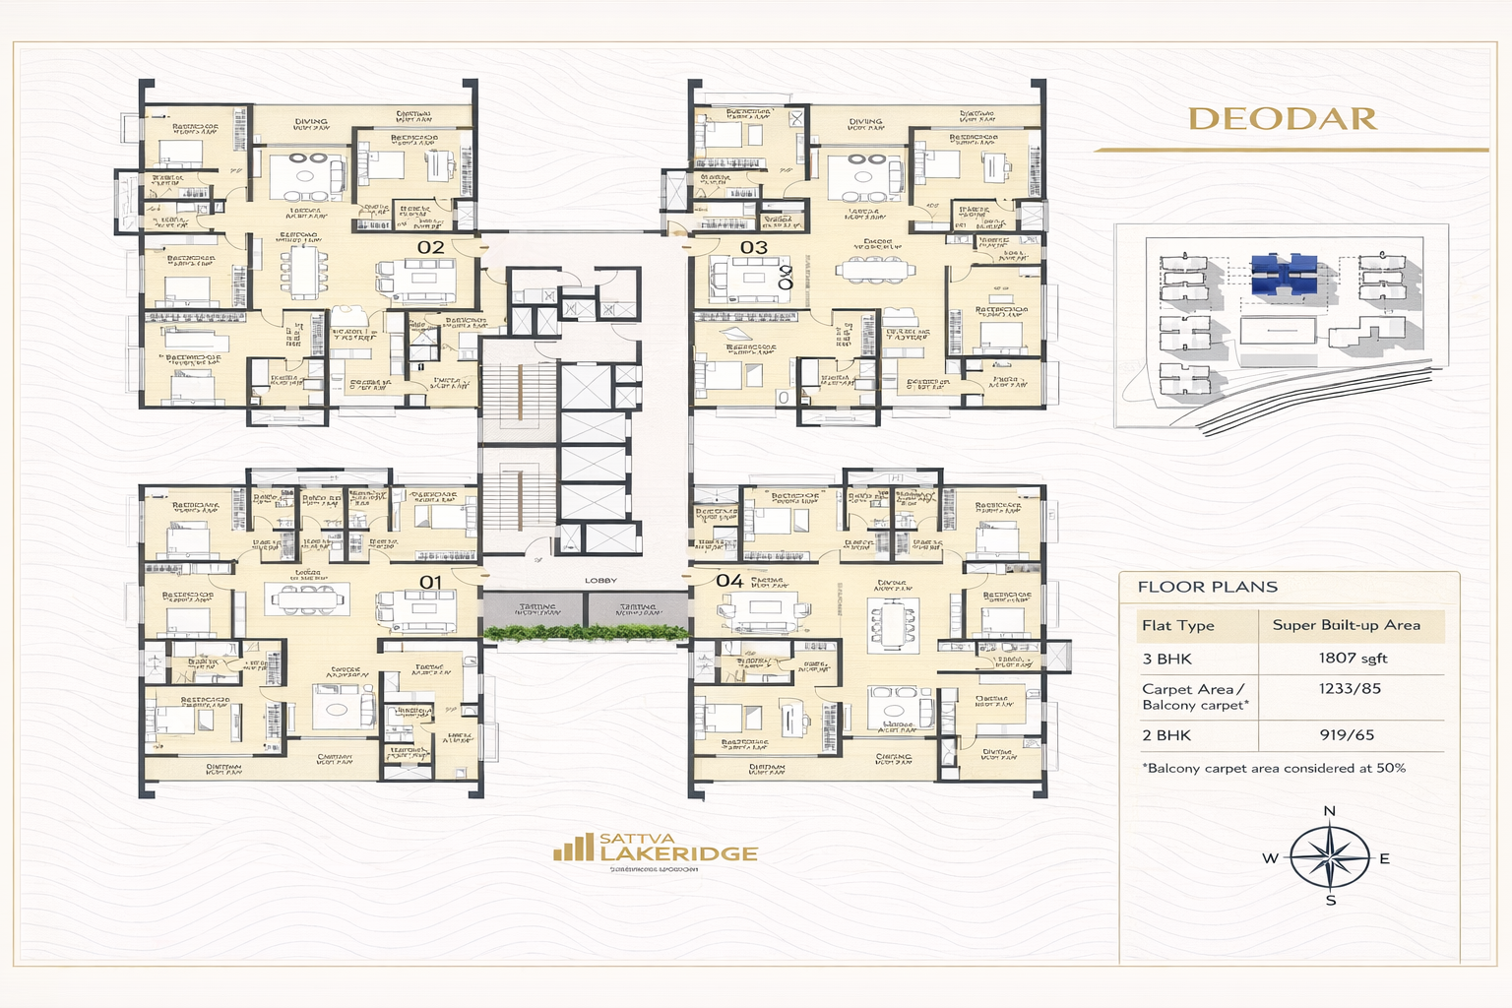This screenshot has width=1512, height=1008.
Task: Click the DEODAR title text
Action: tap(1283, 119)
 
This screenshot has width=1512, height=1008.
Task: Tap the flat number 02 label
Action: tap(431, 247)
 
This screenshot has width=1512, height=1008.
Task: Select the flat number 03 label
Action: tap(754, 247)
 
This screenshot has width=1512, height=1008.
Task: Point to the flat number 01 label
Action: tap(431, 583)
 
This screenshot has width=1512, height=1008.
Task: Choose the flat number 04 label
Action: tap(729, 581)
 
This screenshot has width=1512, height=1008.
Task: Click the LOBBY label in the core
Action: tap(600, 581)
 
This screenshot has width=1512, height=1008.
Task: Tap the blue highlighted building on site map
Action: tap(1284, 275)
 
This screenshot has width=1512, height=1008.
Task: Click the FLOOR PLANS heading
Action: tap(1207, 587)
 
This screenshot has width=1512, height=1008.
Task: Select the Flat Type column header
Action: tap(1178, 626)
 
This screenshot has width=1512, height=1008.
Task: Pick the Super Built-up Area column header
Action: tap(1346, 625)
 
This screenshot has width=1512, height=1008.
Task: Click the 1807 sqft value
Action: tap(1353, 659)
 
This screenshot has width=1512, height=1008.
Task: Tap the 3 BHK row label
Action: tap(1166, 660)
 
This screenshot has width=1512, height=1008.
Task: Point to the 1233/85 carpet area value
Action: tap(1350, 689)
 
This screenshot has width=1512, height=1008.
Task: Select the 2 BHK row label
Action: tap(1166, 735)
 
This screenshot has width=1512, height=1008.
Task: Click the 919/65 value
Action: tap(1347, 735)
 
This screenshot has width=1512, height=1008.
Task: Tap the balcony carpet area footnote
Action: tap(1274, 768)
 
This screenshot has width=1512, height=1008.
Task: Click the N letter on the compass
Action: tap(1329, 811)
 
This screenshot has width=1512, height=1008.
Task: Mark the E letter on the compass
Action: tap(1384, 858)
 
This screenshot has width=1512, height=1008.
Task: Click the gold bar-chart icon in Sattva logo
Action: tap(573, 848)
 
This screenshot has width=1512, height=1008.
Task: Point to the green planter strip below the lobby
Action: tap(586, 633)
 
